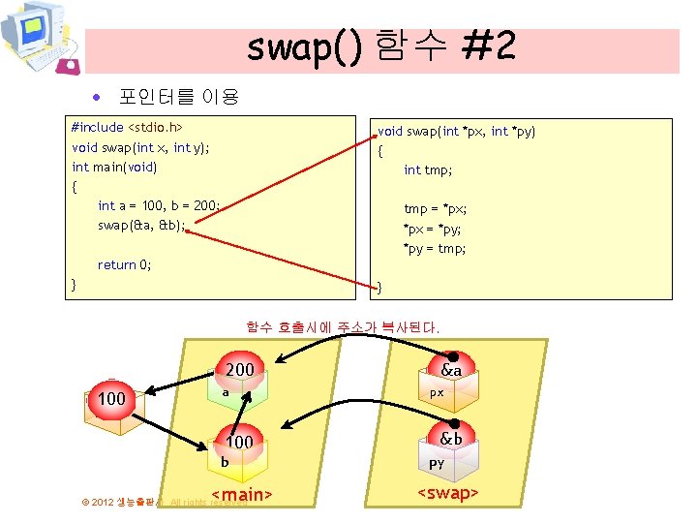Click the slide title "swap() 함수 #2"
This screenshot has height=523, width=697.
(x=380, y=46)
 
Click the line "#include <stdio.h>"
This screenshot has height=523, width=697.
(x=127, y=127)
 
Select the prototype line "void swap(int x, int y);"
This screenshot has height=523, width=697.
(x=140, y=147)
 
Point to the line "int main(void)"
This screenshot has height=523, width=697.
(x=114, y=167)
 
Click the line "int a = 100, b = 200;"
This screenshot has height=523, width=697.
(x=160, y=205)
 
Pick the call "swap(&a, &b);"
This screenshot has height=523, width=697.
(x=140, y=225)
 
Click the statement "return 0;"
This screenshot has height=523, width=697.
(x=124, y=264)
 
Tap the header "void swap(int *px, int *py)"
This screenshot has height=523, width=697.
(x=456, y=131)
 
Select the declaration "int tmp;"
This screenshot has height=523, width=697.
(x=428, y=169)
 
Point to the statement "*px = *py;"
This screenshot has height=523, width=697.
(x=432, y=229)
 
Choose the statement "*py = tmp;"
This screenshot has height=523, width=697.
(x=435, y=248)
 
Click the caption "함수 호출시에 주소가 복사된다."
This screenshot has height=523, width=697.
(x=343, y=327)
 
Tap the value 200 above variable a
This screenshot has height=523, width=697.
(x=239, y=369)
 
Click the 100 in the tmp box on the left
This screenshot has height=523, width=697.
(x=112, y=399)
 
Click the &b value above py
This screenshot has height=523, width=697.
(x=450, y=439)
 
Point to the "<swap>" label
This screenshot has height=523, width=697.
(x=448, y=494)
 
